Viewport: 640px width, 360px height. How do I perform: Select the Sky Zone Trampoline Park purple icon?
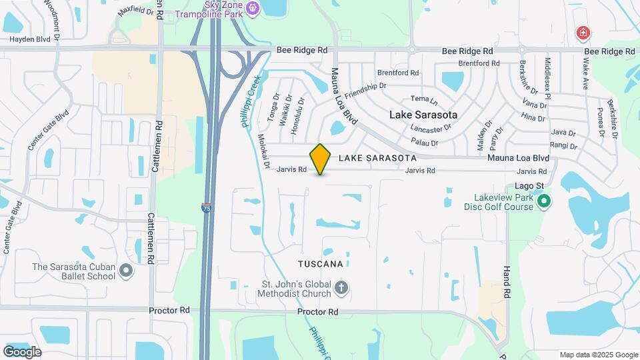(x=252, y=8)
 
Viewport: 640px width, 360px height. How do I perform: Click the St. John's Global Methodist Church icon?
(x=341, y=289)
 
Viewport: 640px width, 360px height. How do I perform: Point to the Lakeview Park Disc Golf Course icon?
(x=544, y=201)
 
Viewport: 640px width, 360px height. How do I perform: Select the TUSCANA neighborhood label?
(x=321, y=264)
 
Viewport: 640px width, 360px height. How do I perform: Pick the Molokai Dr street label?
(x=263, y=151)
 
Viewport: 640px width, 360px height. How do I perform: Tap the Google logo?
(x=22, y=351)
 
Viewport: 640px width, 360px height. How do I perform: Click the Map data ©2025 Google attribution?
(x=598, y=355)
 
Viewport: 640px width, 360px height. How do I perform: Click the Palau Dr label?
(x=425, y=143)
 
